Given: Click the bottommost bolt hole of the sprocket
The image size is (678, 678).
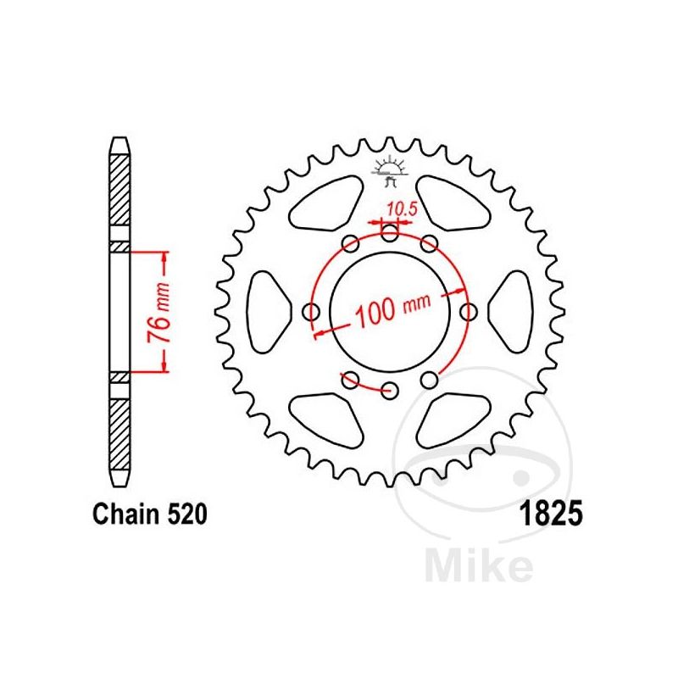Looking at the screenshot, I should pyautogui.click(x=390, y=391).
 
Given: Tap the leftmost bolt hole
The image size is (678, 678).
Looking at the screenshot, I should pyautogui.click(x=312, y=313).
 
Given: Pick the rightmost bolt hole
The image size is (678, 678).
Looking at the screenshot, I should pyautogui.click(x=468, y=313).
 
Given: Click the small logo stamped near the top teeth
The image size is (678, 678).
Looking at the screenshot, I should pyautogui.click(x=391, y=170).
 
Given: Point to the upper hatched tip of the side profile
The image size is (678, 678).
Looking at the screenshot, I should pyautogui.click(x=120, y=194).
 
